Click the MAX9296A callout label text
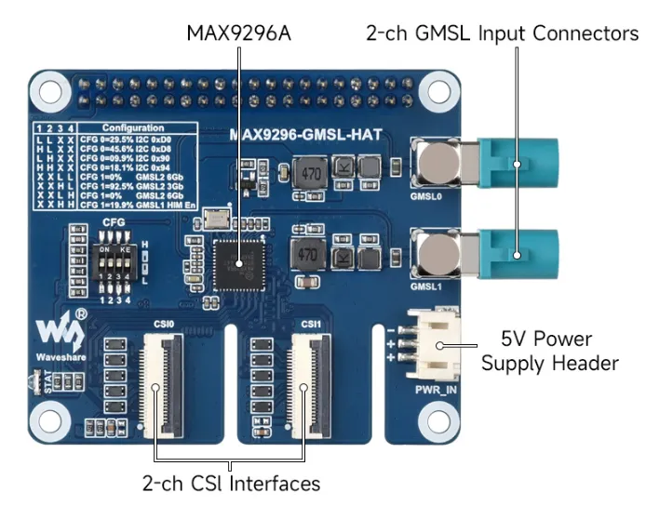[239, 34]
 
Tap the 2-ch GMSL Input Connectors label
[500, 33]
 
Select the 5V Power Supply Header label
[549, 350]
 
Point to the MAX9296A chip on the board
[239, 264]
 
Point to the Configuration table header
[133, 127]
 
